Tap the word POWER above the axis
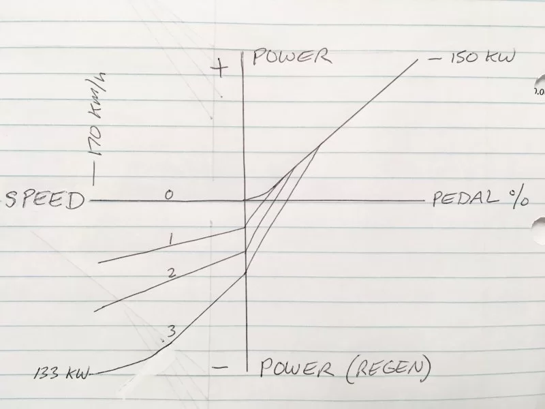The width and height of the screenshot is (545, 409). (291, 56)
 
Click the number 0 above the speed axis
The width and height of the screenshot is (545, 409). (169, 195)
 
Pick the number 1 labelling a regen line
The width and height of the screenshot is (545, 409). (172, 238)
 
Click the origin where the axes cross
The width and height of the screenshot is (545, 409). (245, 200)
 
